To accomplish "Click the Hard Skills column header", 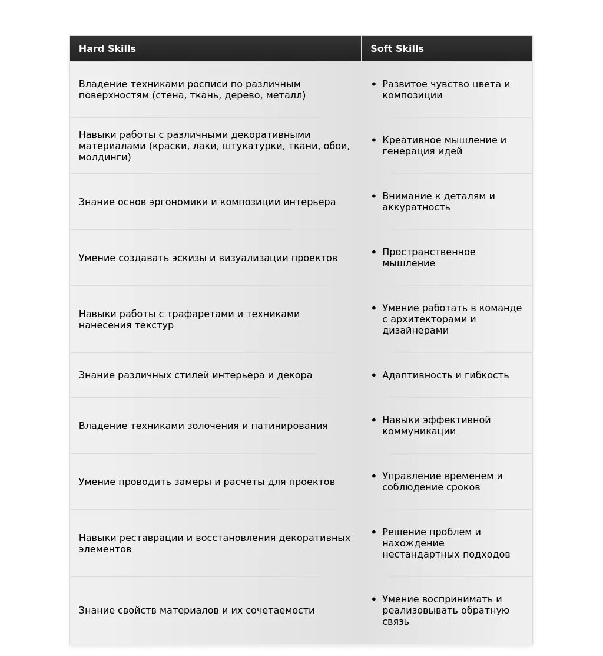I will pyautogui.click(x=107, y=49).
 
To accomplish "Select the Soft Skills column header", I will pyautogui.click(x=397, y=49).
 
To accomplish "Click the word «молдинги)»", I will pyautogui.click(x=105, y=157).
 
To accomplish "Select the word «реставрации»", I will pyautogui.click(x=152, y=538).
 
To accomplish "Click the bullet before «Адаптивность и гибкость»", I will pyautogui.click(x=373, y=375).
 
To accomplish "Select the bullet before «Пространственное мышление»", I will pyautogui.click(x=373, y=252).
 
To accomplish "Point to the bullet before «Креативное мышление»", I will pyautogui.click(x=373, y=140).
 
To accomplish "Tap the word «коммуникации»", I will pyautogui.click(x=419, y=431).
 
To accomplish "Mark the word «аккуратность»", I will pyautogui.click(x=416, y=207).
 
